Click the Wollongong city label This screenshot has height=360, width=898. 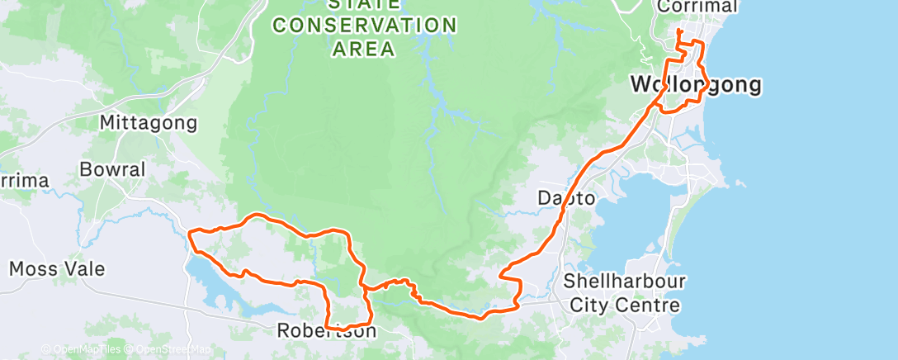tap(695, 84)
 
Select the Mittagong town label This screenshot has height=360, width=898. tap(149, 123)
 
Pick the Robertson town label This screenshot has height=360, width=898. tap(326, 332)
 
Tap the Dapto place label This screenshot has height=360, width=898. tap(566, 198)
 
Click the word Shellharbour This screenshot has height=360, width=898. tap(624, 282)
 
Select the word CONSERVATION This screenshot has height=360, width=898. tap(365, 26)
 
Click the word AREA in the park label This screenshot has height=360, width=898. tap(363, 49)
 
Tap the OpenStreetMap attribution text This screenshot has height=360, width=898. tap(169, 349)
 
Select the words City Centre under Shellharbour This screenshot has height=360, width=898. tap(624, 306)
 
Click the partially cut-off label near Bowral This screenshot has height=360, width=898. tap(23, 181)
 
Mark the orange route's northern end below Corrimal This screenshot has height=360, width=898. tap(678, 31)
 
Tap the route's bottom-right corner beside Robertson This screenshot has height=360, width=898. tap(369, 323)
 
